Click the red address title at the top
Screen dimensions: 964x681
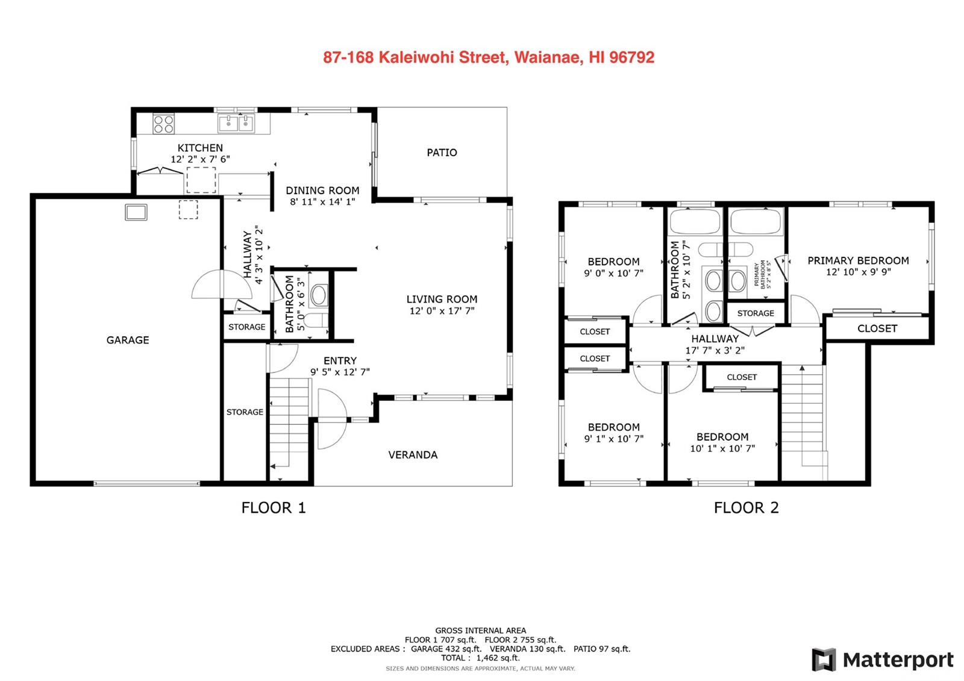[x=489, y=57]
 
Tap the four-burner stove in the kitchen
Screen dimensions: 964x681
[x=164, y=124]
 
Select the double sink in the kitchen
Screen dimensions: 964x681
[x=236, y=123]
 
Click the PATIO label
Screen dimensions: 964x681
[x=442, y=152]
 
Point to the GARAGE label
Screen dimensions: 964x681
[x=128, y=340]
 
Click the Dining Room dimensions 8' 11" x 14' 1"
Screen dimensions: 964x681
[x=322, y=202]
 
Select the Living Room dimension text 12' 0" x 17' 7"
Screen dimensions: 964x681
[x=442, y=311]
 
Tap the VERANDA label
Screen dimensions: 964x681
[x=413, y=455]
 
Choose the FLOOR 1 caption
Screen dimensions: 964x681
[x=274, y=508]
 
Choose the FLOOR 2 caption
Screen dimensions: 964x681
[x=746, y=508]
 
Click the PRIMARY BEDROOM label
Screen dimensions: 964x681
[x=858, y=260]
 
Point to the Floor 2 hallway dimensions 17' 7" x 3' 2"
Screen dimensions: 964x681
[x=715, y=350]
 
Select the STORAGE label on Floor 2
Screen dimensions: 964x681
[x=756, y=313]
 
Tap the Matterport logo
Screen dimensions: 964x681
[x=883, y=660]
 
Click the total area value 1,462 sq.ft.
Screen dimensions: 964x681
[x=498, y=657]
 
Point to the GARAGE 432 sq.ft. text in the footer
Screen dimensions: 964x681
[x=446, y=648]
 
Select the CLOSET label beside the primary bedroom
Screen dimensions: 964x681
[x=877, y=328]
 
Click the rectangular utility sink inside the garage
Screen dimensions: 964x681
[x=136, y=212]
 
